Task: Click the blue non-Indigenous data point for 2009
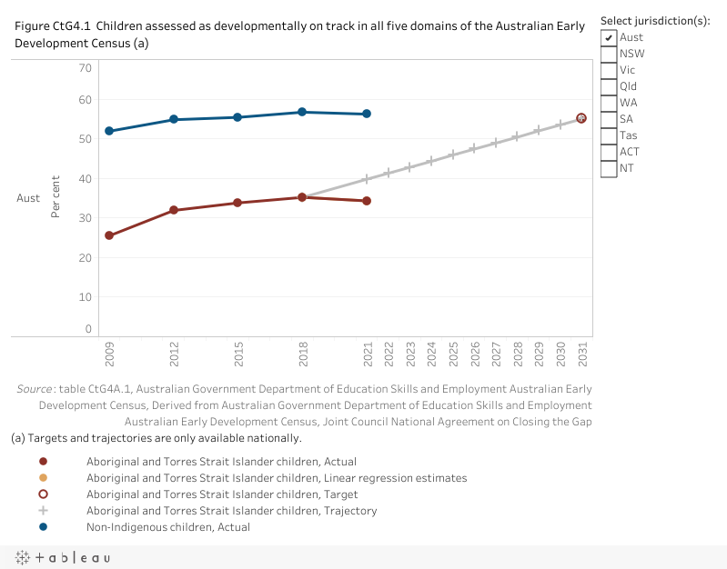coord(109,131)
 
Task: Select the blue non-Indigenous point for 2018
coord(302,112)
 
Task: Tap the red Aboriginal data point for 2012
coord(174,210)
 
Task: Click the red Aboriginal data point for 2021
coord(367,201)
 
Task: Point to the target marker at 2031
coord(581,118)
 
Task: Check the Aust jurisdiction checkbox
coord(609,37)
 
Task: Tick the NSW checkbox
coord(609,54)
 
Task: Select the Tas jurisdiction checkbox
coord(609,135)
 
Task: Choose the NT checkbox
coord(609,168)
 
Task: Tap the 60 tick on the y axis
coord(85,100)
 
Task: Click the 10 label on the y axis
coord(85,297)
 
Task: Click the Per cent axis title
coord(56,196)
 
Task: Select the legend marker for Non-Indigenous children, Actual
coord(43,527)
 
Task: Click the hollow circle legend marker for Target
coord(43,494)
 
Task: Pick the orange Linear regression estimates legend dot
coord(43,478)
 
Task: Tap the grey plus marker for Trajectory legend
coord(43,511)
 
